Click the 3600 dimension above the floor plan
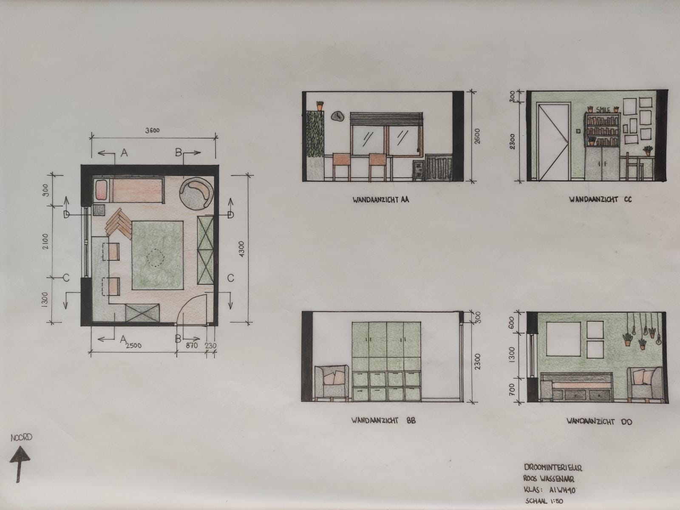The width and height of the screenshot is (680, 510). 153,130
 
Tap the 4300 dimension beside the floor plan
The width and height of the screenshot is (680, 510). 242,249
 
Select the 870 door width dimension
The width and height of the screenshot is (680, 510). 192,345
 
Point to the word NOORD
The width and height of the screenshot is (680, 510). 21,438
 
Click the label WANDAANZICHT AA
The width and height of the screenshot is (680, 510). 381,200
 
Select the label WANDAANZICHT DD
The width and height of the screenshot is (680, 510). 599,422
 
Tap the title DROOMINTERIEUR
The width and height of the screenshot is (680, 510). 553,467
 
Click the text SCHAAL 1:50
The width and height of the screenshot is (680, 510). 544,501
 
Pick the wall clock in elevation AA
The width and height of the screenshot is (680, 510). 337,116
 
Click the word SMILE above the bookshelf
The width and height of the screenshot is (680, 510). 603,110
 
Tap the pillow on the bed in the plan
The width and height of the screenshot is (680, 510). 101,190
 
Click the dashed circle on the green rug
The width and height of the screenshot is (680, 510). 155,258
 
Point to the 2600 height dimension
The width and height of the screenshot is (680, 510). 477,136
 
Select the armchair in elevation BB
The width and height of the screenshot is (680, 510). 332,383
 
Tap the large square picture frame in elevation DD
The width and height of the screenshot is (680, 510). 563,339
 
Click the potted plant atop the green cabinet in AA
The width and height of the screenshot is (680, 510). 320,105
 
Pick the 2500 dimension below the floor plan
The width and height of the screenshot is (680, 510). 133,345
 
